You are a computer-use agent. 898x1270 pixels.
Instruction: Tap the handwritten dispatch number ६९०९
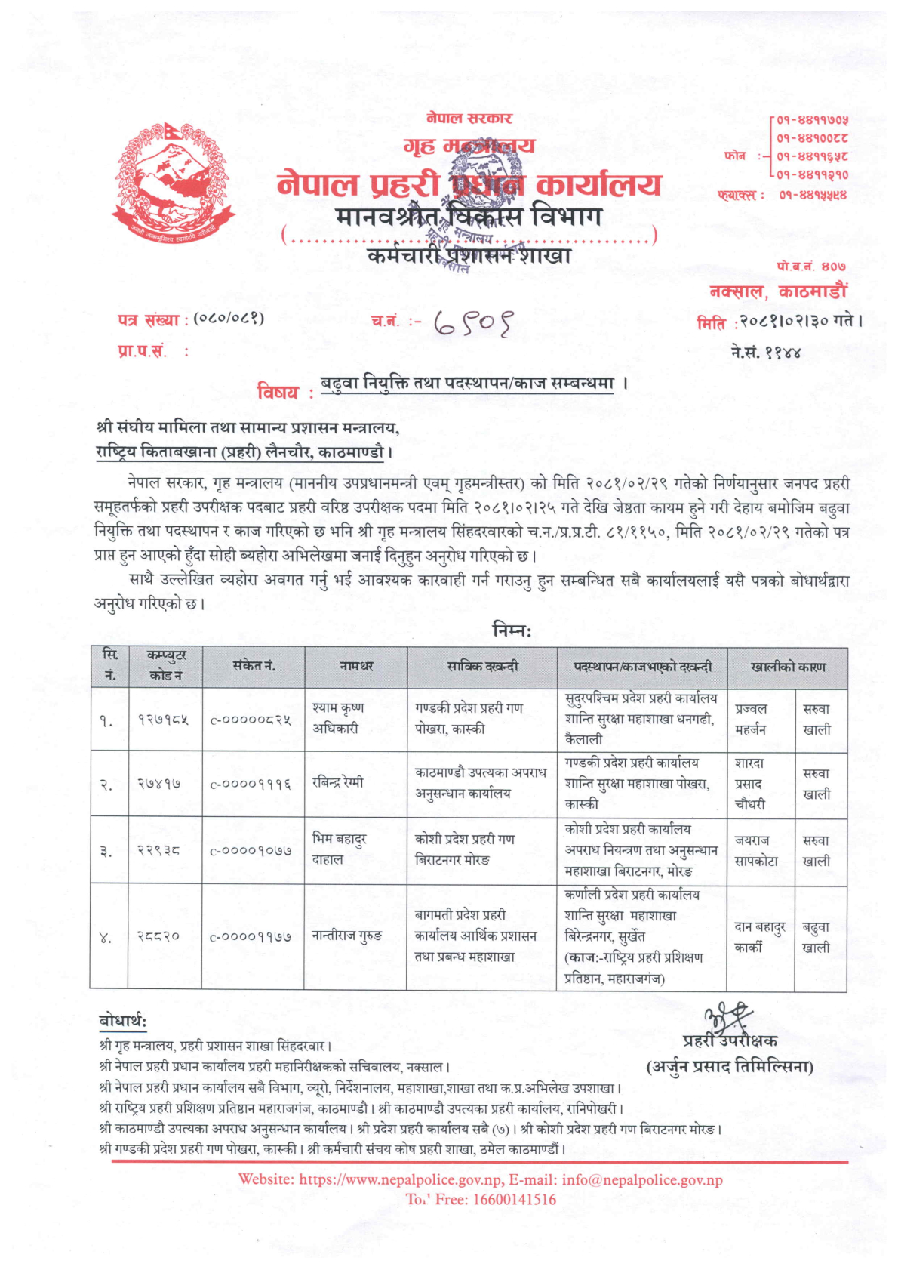click(473, 324)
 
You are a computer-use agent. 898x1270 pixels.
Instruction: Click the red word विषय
click(278, 392)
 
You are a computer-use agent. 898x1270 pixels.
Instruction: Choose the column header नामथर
click(356, 667)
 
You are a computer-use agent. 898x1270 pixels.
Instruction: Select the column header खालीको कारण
click(788, 667)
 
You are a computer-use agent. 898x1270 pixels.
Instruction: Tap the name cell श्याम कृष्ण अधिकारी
click(339, 718)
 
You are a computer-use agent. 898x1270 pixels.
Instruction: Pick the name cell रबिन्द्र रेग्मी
click(338, 782)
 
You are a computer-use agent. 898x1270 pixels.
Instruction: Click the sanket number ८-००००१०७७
click(251, 851)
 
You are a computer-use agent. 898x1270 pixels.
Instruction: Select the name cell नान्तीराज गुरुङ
click(347, 936)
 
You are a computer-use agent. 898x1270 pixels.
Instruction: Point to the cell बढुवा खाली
click(816, 937)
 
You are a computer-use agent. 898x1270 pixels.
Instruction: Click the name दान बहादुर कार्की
click(760, 936)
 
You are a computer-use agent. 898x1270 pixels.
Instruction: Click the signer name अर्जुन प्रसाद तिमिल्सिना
click(730, 1067)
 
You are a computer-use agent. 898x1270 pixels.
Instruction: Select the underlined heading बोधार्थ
click(122, 1022)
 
